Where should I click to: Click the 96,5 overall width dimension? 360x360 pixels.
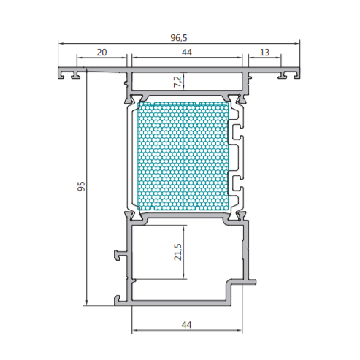coord(179,38)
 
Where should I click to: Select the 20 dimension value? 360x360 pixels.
coord(102,53)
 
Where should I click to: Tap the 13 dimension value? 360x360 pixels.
coord(264,53)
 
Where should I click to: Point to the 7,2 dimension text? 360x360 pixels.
coord(178,82)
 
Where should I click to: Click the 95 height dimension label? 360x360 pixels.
coord(82,186)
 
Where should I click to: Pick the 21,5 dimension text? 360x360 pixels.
coord(178,252)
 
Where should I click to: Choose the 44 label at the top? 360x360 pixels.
coord(187,53)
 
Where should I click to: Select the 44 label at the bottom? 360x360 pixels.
coord(187,325)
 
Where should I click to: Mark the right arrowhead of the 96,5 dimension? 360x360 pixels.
coord(297,44)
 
